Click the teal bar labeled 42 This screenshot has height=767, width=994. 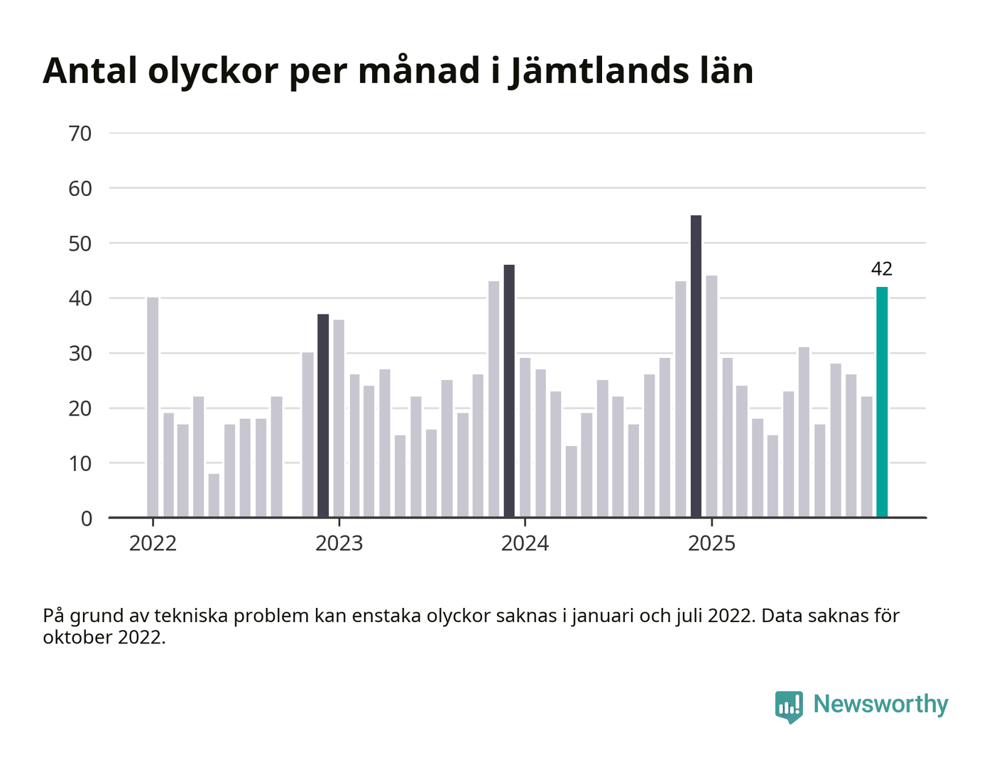[882, 402]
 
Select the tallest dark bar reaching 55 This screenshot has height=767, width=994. [696, 366]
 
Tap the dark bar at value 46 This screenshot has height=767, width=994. [509, 391]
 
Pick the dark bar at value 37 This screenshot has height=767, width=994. [323, 416]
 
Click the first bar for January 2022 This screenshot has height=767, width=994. [153, 408]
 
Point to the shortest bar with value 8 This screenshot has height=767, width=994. [214, 496]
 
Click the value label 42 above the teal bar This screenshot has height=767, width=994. [882, 269]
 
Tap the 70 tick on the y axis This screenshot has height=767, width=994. [80, 134]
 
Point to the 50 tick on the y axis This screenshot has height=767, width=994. [80, 244]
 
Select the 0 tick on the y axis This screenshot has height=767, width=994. [87, 518]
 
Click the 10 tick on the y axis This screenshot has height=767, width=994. [80, 464]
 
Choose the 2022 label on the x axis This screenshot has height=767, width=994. [153, 544]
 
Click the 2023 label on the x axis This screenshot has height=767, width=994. [339, 544]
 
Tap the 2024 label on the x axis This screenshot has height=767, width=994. [525, 544]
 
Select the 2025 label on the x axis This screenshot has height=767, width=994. [712, 544]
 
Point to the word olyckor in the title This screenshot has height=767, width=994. [213, 71]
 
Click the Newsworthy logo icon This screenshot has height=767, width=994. [789, 707]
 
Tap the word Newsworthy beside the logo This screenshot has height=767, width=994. [880, 705]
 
